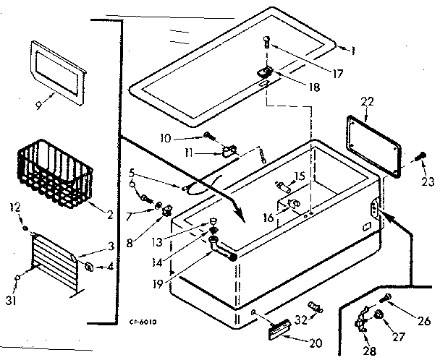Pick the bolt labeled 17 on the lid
[268, 43]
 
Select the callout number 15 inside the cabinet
[298, 176]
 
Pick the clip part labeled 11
[229, 151]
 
